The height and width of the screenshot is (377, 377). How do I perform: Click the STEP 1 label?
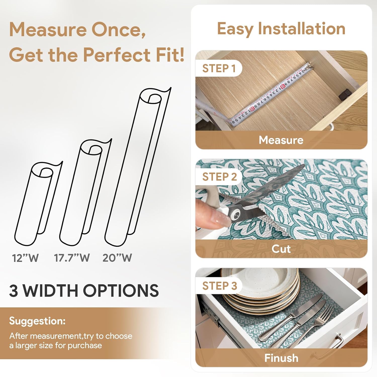219,68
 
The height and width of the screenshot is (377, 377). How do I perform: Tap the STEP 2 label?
219,177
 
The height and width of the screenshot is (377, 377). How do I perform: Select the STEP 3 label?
219,286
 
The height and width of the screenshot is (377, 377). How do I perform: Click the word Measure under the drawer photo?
281,140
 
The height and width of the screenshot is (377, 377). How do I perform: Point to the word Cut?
281,249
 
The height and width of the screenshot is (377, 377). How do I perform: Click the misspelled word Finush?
281,358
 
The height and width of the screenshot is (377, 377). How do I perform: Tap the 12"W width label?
25,258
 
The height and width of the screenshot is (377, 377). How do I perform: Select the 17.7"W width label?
72,258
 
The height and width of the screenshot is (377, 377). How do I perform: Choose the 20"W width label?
117,258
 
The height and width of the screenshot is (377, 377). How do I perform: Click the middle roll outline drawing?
83,191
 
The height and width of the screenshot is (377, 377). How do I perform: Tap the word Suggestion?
37,321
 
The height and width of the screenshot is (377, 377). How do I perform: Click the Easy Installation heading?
281,29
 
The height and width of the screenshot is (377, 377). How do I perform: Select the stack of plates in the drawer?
261,289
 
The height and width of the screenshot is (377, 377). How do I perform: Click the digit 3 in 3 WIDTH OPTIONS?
14,291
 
